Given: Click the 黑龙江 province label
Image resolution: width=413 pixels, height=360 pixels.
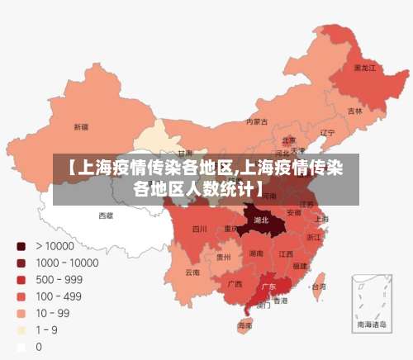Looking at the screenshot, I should point(364,68).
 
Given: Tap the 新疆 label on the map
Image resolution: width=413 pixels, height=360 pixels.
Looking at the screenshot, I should point(81,127).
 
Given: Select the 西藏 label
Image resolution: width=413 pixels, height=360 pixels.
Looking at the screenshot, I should point(106,216).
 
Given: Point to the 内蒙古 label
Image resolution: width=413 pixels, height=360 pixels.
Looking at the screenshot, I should point(257,121).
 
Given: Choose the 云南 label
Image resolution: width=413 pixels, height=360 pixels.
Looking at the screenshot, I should point(192,272).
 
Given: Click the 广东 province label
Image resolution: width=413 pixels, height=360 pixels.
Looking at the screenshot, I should point(268,287).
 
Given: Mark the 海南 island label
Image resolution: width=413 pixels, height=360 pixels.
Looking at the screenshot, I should point(245,325).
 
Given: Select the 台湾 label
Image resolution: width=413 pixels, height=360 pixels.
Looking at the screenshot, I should point(317,287).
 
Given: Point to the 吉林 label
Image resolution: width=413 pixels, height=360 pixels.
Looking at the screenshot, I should point(354,111).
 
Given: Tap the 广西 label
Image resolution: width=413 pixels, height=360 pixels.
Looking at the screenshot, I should point(235,283).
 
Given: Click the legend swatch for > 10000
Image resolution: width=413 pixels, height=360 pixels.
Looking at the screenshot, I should point(21,245).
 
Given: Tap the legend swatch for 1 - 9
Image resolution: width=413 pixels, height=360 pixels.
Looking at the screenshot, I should point(21,330).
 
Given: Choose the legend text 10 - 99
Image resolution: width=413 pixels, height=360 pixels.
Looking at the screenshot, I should point(52,313).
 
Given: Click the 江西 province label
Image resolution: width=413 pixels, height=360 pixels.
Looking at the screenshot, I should point(286,253).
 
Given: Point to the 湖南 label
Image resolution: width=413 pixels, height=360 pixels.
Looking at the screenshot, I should point(256,254).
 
